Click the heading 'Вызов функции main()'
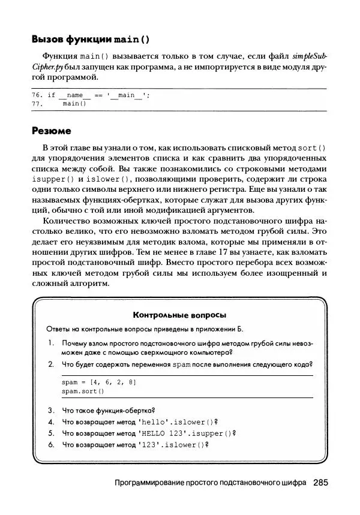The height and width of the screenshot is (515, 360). click(91, 40)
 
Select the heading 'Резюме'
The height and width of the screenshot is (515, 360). click(51, 131)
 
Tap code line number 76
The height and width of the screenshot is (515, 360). click(37, 95)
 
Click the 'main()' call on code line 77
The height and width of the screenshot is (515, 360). click(74, 103)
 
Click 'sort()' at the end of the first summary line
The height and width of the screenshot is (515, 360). click(312, 147)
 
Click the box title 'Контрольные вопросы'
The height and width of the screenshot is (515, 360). click(179, 315)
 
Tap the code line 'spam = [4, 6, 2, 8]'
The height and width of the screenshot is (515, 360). click(98, 382)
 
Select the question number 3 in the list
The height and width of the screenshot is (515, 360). click(51, 411)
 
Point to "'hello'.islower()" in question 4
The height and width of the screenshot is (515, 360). click(175, 422)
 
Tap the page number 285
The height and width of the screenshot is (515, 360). click(320, 482)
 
